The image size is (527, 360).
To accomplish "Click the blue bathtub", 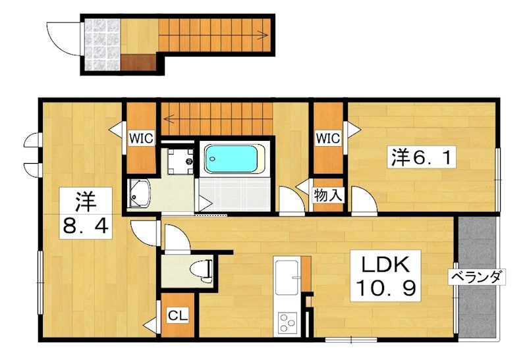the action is point(231,159).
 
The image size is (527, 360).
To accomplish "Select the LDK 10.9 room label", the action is point(385,276).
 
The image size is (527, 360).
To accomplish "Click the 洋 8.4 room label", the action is point(86,213).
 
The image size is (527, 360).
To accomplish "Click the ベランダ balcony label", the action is point(476,277).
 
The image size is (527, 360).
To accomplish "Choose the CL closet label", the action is point(178,315).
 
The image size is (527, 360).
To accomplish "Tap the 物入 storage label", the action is point(328,195).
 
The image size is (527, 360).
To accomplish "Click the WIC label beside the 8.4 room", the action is point(141,138).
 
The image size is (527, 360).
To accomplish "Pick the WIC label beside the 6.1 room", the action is point(328,138).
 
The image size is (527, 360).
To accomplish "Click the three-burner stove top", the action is point(287,322).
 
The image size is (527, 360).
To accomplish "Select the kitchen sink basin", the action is point(287,277).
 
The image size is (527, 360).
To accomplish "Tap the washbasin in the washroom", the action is point(139,194).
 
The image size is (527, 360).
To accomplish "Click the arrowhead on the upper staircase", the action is point(264,34).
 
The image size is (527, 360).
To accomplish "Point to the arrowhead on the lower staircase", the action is point(169,118).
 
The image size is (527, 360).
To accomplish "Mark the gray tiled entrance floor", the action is point(102,45).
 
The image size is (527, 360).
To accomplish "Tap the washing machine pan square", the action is point(180,161).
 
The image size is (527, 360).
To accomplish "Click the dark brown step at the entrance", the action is point(138,63).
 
